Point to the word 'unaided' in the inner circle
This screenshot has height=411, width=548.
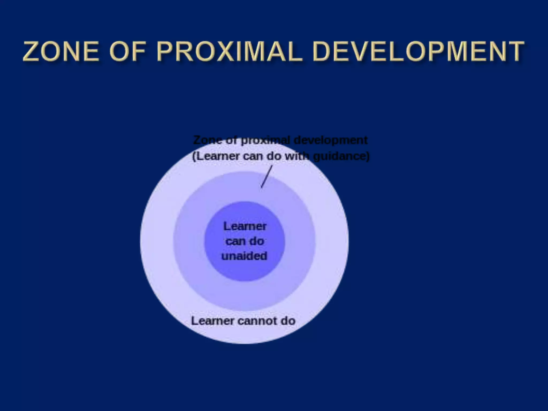coord(244,256)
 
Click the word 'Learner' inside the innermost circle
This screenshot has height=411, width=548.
coord(245,226)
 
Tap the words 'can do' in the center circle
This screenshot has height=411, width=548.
coord(245,241)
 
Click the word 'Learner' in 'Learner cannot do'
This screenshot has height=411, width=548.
coord(213,321)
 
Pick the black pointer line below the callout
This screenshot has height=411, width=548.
coord(267,177)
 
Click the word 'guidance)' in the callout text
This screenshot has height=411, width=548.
coord(341,156)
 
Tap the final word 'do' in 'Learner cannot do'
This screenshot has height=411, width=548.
coord(288,321)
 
